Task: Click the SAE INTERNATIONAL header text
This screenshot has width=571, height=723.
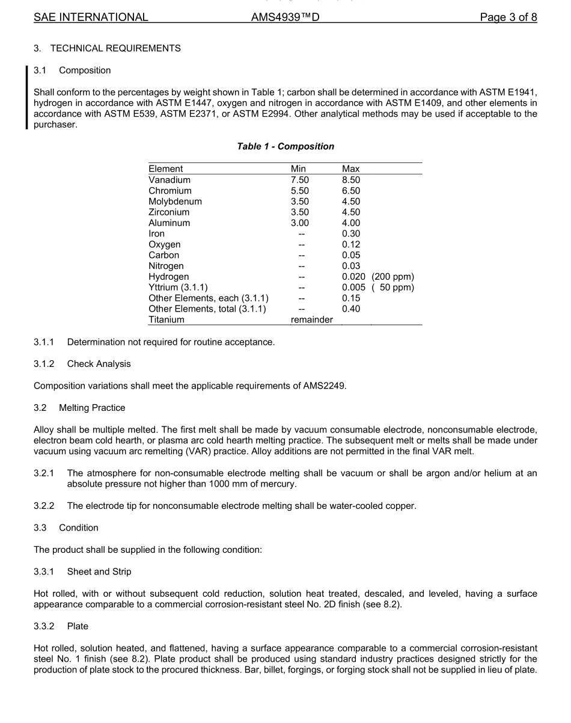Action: [91, 17]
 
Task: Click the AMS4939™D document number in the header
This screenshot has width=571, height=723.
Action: [285, 17]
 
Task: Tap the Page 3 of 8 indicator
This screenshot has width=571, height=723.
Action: [508, 17]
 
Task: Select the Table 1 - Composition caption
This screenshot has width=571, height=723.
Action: [285, 146]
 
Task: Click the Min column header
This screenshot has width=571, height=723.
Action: [298, 169]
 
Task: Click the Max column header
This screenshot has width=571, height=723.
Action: [350, 169]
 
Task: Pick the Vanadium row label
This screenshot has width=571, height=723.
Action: [169, 180]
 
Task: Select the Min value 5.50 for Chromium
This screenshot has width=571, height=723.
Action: [299, 191]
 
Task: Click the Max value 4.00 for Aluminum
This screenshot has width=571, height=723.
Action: [351, 223]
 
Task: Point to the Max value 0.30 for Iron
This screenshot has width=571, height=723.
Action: [351, 233]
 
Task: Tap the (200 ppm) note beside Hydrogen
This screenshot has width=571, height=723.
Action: [392, 277]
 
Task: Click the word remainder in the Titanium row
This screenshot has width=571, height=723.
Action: [311, 320]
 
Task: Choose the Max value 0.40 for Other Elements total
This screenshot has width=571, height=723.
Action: [351, 309]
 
